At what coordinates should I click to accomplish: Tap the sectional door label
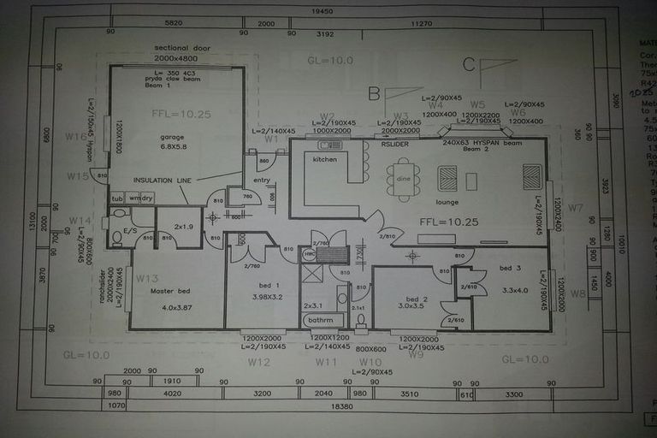pyautogui.click(x=181, y=49)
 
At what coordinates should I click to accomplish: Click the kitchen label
pyautogui.click(x=325, y=160)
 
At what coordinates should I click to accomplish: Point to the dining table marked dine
pyautogui.click(x=403, y=180)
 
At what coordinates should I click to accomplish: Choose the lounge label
pyautogui.click(x=447, y=202)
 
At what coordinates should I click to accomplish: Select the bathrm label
pyautogui.click(x=321, y=320)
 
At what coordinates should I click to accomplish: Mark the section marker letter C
pyautogui.click(x=468, y=64)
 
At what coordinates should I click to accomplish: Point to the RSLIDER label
pyautogui.click(x=394, y=145)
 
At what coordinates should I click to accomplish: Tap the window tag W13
pyautogui.click(x=147, y=278)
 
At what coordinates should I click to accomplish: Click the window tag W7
pyautogui.click(x=576, y=208)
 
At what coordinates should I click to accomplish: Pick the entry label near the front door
pyautogui.click(x=261, y=180)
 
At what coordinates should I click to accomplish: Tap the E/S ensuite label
pyautogui.click(x=131, y=230)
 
